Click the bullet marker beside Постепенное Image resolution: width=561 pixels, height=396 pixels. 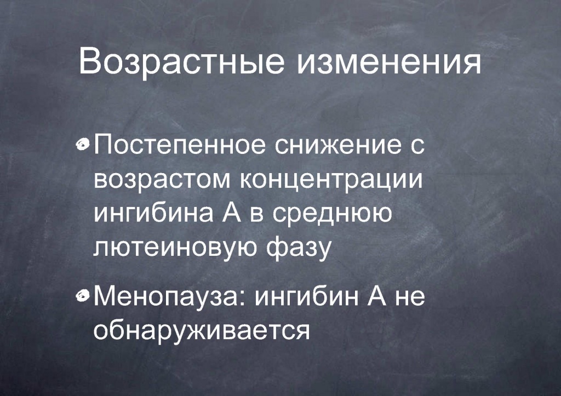[83, 144]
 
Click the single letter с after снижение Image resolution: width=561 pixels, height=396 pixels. [416, 146]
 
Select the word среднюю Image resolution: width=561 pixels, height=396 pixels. [331, 214]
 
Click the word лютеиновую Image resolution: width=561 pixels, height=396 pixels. [175, 247]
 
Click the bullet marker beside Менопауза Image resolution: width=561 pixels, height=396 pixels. [83, 295]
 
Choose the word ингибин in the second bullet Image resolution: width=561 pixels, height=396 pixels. [307, 297]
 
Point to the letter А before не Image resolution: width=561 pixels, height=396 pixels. [377, 296]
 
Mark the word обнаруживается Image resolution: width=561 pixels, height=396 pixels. [202, 330]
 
